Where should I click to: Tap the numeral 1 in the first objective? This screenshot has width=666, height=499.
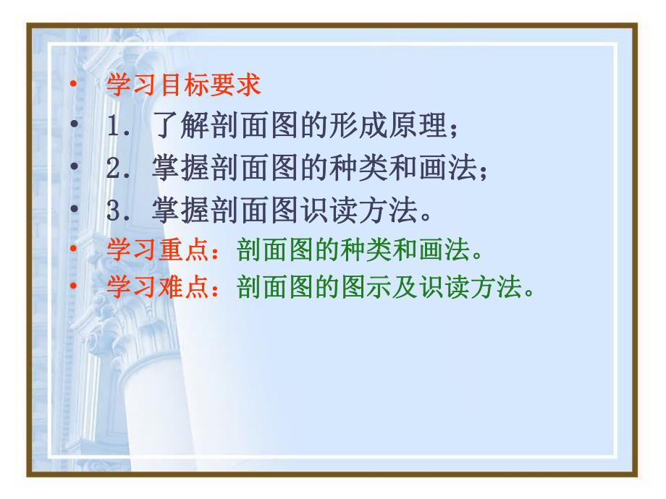coord(113,129)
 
